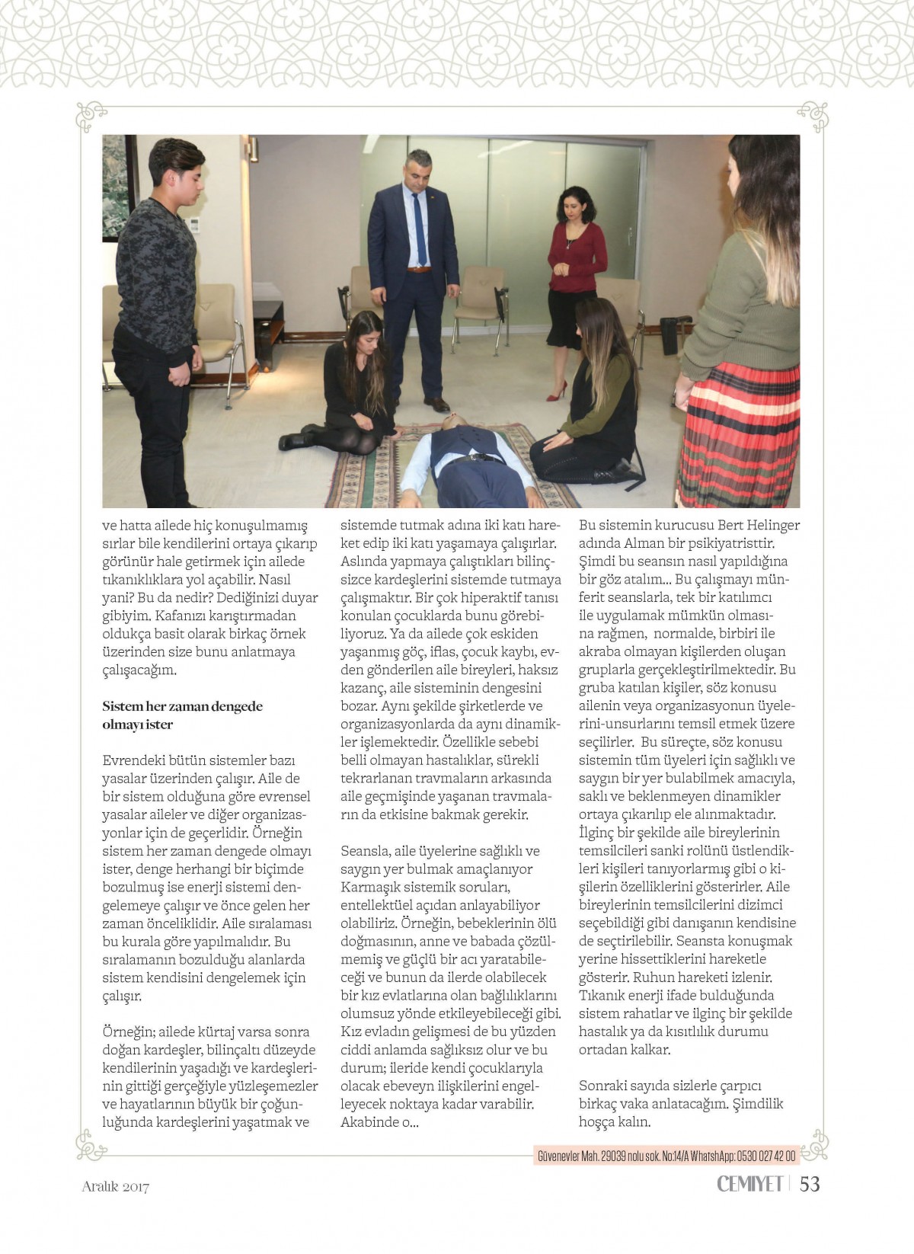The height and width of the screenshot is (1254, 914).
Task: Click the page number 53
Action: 809,1183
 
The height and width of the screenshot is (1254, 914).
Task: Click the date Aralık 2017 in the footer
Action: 116,1186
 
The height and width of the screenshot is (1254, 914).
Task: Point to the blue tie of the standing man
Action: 418,229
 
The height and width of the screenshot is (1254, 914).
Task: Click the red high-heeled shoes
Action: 558,392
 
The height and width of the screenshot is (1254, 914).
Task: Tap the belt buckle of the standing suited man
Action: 417,269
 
